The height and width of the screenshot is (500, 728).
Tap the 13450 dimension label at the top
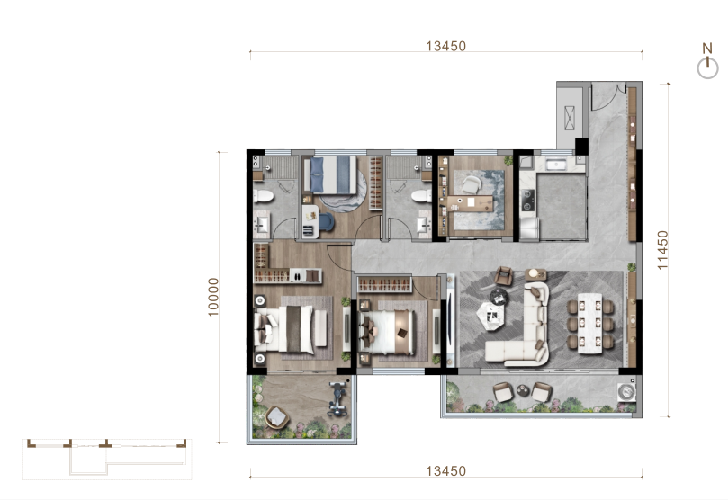(x=445, y=47)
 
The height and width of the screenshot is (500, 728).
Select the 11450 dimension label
(x=662, y=249)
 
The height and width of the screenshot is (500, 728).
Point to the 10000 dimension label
(x=213, y=298)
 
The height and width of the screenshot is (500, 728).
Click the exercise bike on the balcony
(x=339, y=398)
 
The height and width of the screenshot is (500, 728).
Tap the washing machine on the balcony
(x=626, y=392)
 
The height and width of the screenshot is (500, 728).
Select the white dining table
(x=589, y=323)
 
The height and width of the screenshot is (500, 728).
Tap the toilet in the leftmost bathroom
(x=264, y=196)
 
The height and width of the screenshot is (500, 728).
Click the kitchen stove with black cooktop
(x=527, y=200)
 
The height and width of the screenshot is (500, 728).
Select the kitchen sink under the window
(x=555, y=165)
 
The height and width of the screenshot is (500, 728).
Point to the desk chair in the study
(x=472, y=184)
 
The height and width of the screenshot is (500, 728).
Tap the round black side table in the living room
(x=499, y=296)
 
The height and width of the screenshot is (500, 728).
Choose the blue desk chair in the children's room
(x=326, y=221)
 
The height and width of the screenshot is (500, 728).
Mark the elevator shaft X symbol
(x=570, y=118)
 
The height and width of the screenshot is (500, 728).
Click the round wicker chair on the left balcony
(x=277, y=417)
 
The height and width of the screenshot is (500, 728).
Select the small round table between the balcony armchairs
(x=523, y=391)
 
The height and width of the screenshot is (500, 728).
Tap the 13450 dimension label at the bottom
(x=445, y=471)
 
